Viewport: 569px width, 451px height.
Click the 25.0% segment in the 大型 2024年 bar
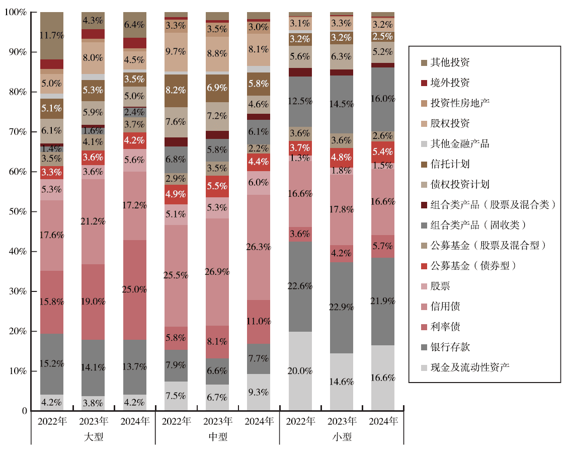pos(134,290)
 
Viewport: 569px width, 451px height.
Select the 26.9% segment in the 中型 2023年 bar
pos(217,272)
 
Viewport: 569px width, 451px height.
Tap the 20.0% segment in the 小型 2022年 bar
pos(300,371)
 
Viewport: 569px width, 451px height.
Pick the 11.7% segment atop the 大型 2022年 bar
pos(52,35)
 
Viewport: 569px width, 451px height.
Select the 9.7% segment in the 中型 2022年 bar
pos(176,51)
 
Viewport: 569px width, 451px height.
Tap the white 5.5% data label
pos(217,186)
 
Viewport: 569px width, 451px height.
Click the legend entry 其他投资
pos(451,63)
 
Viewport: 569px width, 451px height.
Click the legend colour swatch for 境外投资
pos(424,83)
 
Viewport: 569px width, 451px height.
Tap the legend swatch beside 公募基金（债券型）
pos(424,266)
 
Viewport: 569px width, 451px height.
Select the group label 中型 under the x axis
pos(217,437)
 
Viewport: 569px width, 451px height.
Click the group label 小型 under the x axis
pos(342,437)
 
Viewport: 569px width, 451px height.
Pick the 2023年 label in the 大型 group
pos(93,421)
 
